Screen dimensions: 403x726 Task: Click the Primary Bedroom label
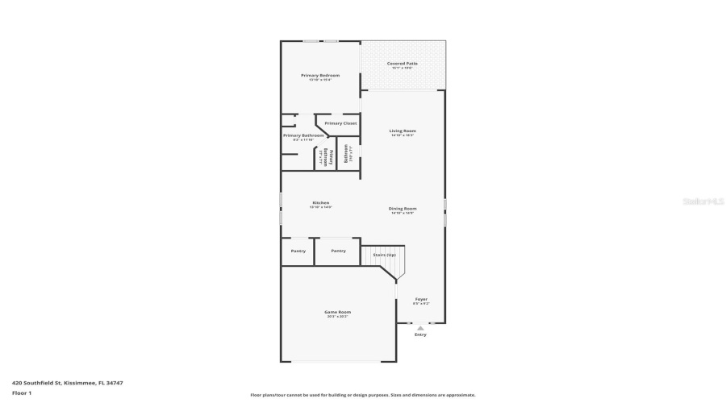coord(320,75)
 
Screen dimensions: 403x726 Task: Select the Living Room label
coord(402,131)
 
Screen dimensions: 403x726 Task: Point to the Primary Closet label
coord(340,123)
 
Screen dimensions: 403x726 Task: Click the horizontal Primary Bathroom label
coord(302,135)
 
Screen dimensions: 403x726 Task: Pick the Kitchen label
coord(320,202)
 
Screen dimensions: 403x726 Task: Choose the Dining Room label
coord(402,209)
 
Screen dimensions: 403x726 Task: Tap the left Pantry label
coord(298,251)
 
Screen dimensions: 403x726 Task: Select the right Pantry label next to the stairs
coord(338,251)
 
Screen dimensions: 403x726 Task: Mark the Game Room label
coord(337,312)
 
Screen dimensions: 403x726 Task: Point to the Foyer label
coord(421,299)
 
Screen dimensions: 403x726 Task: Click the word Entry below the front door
coord(420,334)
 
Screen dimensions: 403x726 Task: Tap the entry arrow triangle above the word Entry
coord(420,327)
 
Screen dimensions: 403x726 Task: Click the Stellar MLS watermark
coord(704,201)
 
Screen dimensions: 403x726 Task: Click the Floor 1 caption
coord(21,393)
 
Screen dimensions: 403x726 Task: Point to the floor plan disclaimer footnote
coord(362,395)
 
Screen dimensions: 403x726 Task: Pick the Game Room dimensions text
coord(337,317)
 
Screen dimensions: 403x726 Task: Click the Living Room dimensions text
coord(402,135)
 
